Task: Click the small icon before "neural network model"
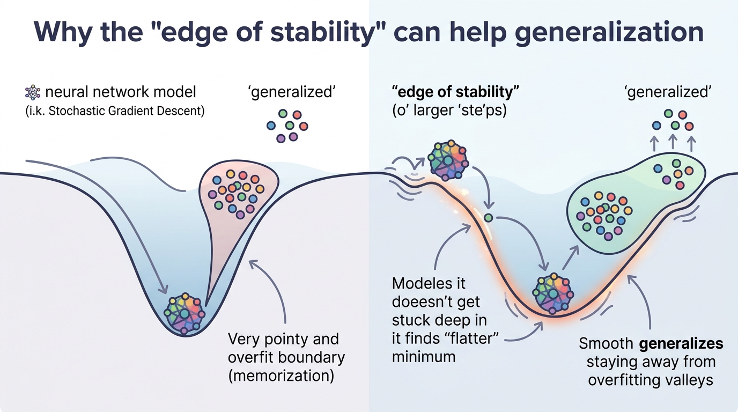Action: tap(33, 93)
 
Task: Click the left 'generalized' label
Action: tap(292, 92)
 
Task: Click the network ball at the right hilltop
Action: tap(448, 160)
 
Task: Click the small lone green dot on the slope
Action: tap(488, 218)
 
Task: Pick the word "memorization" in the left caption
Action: tap(282, 376)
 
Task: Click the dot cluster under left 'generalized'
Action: tap(287, 126)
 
